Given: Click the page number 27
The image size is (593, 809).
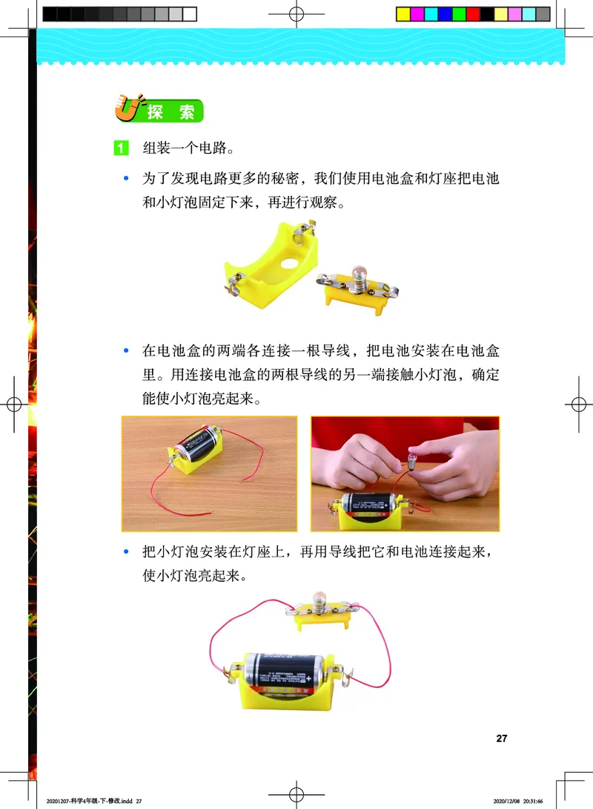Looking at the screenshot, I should click(502, 738).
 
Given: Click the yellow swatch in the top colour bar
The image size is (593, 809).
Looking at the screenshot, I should click(403, 13).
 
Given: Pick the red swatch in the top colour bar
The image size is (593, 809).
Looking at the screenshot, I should click(473, 13).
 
